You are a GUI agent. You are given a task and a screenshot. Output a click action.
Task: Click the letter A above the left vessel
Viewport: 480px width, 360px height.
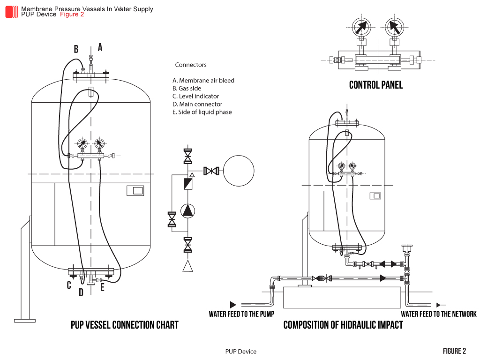pos(100,47)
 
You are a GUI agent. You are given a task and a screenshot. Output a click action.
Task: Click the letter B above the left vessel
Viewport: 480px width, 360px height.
pos(76,49)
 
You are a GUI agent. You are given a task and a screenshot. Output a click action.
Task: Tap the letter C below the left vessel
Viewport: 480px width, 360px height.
pos(69,285)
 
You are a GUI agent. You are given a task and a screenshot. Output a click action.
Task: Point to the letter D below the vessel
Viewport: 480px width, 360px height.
pos(81,292)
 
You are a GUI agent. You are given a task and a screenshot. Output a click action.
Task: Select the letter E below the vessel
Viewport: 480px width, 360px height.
pos(102,287)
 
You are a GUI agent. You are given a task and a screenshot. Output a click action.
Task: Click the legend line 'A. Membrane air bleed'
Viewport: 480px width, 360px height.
pos(203,81)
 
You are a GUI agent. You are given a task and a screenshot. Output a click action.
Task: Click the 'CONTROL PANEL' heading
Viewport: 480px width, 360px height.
pos(376,85)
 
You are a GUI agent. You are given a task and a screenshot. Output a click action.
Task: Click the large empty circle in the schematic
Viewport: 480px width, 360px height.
pos(238,171)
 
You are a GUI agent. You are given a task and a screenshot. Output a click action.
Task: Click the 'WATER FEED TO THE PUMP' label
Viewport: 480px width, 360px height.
pos(241,314)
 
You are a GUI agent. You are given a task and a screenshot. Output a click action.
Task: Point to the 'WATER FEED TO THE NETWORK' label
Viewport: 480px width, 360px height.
pos(438,314)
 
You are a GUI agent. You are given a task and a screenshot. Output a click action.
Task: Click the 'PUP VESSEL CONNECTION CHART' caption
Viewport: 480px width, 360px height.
pos(124,325)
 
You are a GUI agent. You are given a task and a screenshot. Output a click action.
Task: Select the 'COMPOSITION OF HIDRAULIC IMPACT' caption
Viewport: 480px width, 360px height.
pos(343,325)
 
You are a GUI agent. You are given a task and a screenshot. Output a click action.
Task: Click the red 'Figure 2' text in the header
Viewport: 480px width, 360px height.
pos(72,15)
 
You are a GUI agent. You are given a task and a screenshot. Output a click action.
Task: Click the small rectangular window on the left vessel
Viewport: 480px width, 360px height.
pos(135,191)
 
